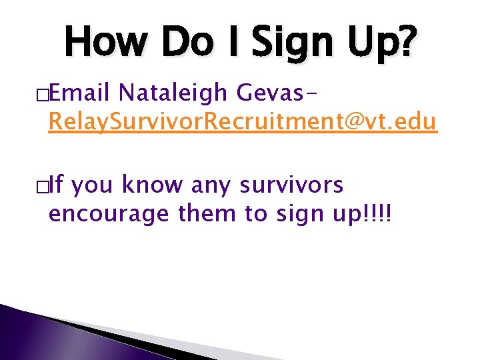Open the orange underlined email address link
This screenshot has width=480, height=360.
(243, 123)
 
